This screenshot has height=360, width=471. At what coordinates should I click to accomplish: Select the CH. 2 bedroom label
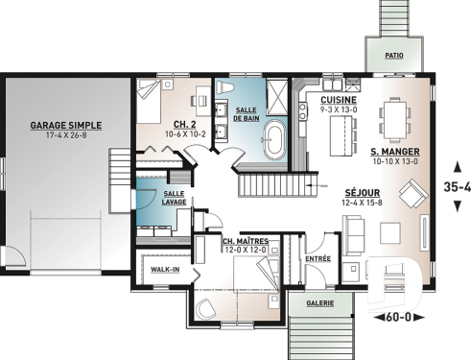click(184, 124)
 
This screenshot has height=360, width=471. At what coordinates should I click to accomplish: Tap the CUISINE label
click(339, 101)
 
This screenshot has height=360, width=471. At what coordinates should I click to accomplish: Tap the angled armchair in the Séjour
click(412, 198)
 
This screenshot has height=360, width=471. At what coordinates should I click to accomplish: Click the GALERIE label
click(319, 303)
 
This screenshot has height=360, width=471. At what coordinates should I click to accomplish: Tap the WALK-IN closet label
click(165, 270)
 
